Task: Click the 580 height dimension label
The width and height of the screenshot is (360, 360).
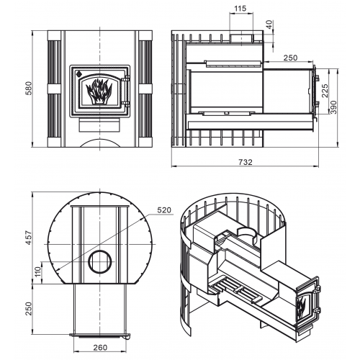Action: point(29,89)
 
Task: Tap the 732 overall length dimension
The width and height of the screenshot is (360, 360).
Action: point(246,162)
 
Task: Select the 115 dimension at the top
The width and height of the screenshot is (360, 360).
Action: point(240,9)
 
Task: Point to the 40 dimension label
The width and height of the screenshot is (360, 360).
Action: point(270,24)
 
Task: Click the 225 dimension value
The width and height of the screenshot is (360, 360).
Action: point(325,91)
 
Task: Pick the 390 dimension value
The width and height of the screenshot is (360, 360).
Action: point(334,107)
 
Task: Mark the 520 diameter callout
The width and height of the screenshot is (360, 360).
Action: point(164,210)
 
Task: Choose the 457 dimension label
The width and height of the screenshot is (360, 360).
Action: point(29,238)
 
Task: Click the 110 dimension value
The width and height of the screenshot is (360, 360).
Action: point(38,272)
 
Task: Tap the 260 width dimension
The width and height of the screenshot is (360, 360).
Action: point(100,347)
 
